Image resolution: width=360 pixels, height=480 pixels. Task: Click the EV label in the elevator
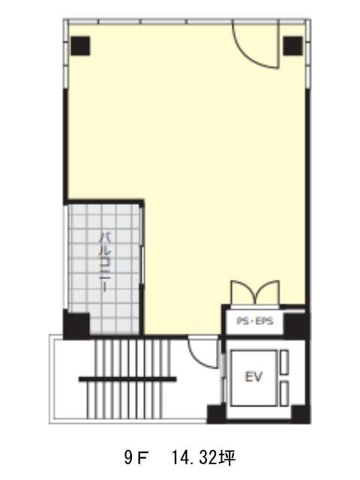253,376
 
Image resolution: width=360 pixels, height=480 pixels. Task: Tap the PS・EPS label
255,321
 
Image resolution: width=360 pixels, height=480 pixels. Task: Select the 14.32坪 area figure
203,458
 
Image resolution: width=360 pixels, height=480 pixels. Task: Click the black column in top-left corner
80,46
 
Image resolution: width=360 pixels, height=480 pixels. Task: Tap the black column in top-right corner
293,46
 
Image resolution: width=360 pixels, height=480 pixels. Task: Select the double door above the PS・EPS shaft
255,293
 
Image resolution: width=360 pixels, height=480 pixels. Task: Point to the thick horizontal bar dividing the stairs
127,379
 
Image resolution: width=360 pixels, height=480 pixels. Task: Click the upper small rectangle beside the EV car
284,362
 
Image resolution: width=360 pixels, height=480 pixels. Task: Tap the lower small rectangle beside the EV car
284,394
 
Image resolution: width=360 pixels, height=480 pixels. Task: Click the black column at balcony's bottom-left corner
76,325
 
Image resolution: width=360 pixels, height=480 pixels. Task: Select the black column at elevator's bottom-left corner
217,415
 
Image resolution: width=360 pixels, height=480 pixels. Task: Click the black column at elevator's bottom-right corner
301,415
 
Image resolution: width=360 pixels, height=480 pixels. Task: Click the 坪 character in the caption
228,458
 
